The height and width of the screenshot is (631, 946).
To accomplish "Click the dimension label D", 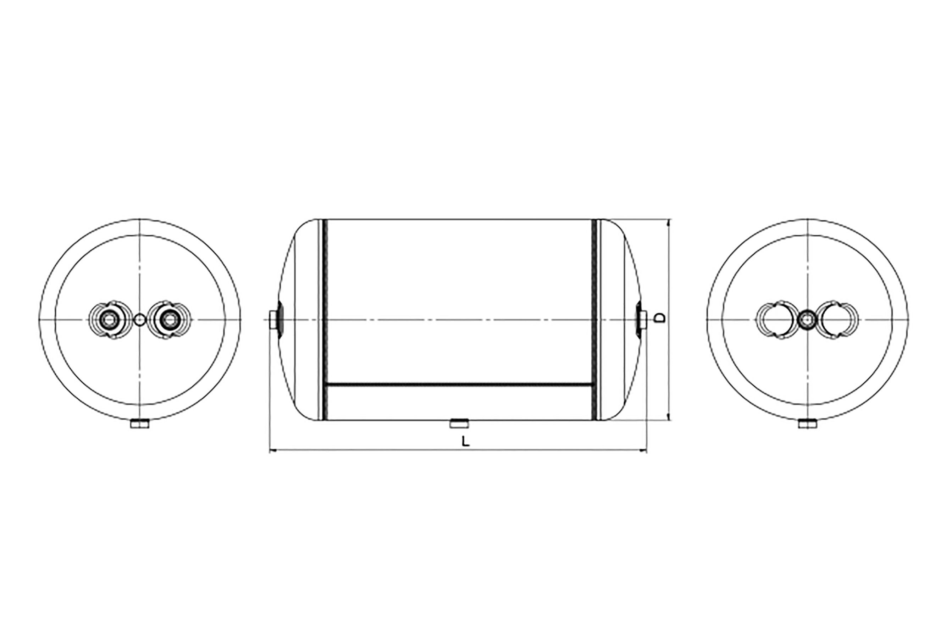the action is tap(659, 318).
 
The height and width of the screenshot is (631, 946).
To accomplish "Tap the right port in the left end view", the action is tap(170, 320).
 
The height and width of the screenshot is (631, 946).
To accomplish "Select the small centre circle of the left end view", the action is tap(140, 320).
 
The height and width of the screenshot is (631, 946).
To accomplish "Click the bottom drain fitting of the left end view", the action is tap(140, 424).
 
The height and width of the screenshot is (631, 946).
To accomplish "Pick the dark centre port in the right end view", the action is tap(807, 320).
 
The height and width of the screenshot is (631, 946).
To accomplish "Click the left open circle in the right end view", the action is tap(776, 320).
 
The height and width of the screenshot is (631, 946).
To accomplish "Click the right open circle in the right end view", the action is tap(837, 320).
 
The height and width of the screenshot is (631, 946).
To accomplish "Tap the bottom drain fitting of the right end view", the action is tap(807, 424).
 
